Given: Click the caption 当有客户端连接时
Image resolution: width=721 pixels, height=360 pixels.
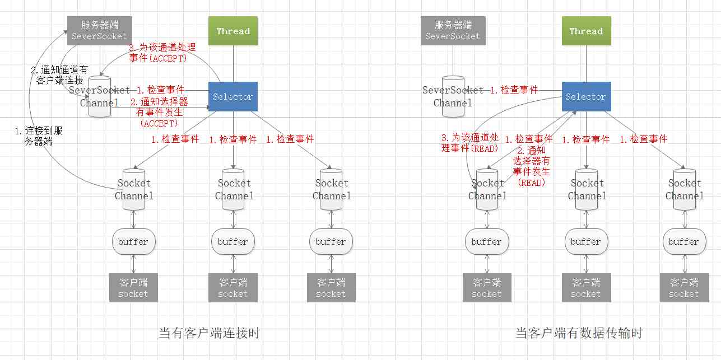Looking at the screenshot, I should tap(210, 334).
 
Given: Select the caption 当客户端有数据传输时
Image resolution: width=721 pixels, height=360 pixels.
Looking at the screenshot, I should tap(579, 334).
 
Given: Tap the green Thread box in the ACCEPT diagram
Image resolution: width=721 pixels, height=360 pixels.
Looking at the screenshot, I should tap(233, 31).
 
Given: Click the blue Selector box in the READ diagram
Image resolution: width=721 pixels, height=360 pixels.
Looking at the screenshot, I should tap(586, 97).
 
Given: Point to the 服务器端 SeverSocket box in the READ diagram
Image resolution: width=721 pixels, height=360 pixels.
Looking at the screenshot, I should tap(453, 31).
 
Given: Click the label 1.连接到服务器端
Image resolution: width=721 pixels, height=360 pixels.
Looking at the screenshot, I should tap(39, 136).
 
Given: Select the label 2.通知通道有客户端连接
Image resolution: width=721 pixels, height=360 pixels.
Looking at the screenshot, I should tap(59, 75).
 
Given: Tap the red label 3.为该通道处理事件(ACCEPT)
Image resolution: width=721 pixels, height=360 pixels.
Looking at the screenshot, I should tap(162, 53).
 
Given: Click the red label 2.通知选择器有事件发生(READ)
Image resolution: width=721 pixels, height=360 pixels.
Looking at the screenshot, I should tap(532, 166).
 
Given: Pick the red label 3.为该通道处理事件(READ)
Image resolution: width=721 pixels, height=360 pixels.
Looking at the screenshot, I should tap(469, 143).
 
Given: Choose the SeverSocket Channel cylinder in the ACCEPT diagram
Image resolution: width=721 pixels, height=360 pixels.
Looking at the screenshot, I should tap(100, 96).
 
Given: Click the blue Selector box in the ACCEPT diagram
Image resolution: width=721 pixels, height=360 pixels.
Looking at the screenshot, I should tap(233, 97).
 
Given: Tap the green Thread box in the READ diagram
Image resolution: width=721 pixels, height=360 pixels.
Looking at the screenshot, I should tap(586, 31).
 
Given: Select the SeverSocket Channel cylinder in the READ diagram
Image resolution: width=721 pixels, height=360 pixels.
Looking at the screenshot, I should tap(453, 96).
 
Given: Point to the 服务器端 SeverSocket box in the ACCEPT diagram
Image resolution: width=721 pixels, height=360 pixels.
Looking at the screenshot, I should tap(100, 31).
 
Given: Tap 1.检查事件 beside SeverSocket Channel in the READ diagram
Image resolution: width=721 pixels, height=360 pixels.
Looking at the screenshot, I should tap(514, 90).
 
